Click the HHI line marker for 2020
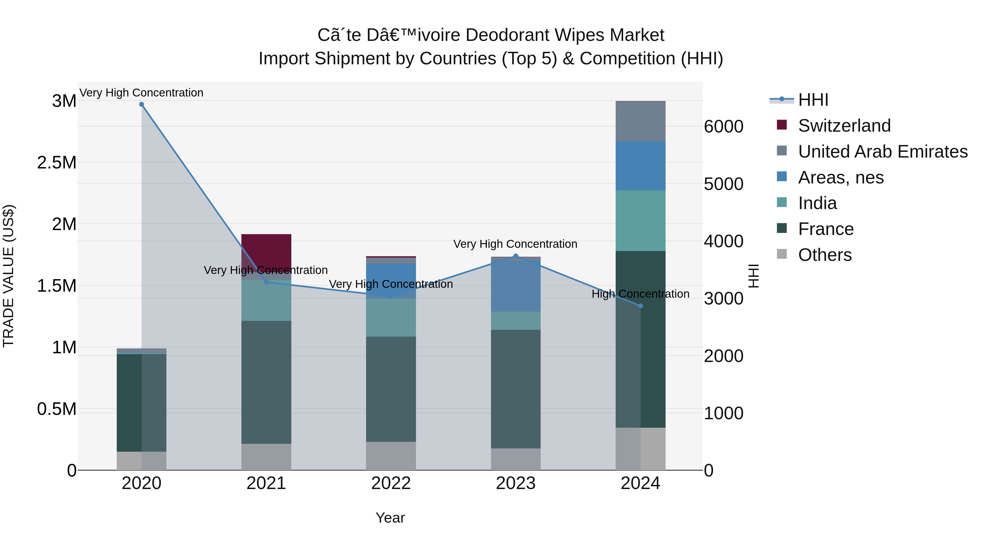[141, 104]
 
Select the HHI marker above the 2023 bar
[516, 256]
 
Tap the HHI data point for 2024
[640, 306]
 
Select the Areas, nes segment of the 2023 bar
[516, 286]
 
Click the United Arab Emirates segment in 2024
[640, 122]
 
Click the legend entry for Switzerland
[844, 126]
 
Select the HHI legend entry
[813, 100]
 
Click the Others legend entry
[825, 255]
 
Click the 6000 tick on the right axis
[723, 126]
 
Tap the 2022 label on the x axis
[391, 483]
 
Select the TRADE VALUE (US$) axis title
[8, 276]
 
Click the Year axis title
[390, 518]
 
